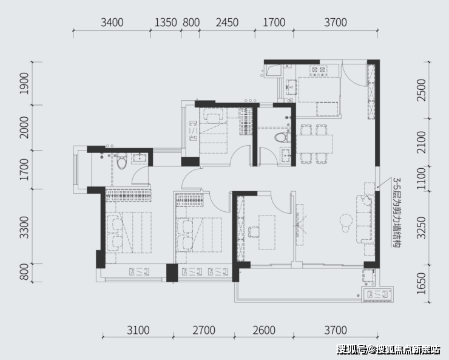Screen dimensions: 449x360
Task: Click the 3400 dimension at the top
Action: [112, 22]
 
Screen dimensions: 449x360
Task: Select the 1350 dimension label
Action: [166, 22]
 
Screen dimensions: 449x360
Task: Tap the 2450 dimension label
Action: [227, 22]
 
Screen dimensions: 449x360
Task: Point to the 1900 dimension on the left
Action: [24, 83]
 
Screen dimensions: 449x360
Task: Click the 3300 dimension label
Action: [24, 228]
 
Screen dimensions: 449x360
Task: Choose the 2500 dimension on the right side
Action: [422, 90]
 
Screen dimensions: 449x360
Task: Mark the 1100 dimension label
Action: [422, 178]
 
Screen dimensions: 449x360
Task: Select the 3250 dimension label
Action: [422, 228]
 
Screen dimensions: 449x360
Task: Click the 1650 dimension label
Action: [422, 284]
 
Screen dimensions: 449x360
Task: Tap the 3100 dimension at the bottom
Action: [138, 330]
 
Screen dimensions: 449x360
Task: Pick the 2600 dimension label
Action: [264, 330]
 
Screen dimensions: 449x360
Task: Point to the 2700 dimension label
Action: [204, 330]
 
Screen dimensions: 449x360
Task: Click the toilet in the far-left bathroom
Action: [122, 161]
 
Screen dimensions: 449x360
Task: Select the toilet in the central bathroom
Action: [282, 137]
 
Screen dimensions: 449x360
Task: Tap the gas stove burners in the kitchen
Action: [319, 70]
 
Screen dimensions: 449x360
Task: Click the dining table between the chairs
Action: [314, 144]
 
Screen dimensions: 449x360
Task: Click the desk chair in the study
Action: [254, 232]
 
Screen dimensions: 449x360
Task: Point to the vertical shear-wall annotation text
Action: [397, 212]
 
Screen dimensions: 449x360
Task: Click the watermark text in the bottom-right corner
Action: [388, 350]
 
